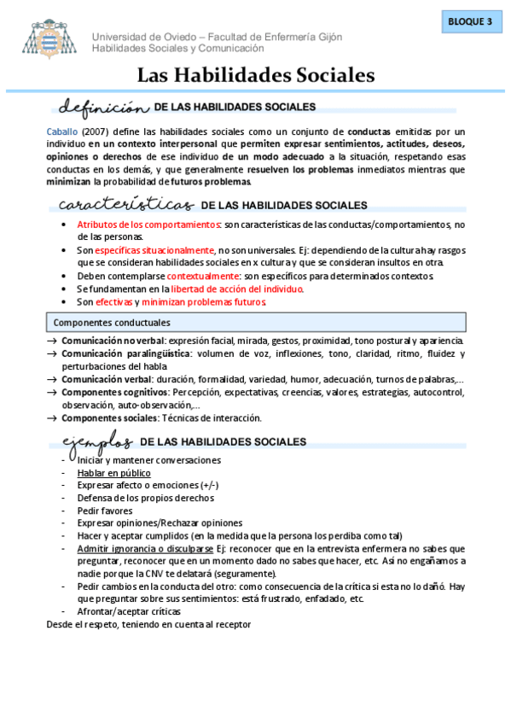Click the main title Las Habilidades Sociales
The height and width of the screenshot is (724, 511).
tap(256, 76)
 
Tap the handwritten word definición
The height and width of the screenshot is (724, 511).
tap(99, 108)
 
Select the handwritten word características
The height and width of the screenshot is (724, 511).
tap(125, 205)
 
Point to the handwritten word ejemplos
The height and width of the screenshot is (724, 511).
tap(96, 441)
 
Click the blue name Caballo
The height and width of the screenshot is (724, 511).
tap(62, 131)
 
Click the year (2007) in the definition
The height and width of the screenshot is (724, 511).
tap(95, 131)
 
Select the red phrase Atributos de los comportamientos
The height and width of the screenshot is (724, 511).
tap(148, 224)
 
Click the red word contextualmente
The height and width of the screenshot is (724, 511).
tap(204, 276)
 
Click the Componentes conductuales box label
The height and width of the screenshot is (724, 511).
tap(112, 323)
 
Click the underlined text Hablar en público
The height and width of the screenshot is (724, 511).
tap(113, 472)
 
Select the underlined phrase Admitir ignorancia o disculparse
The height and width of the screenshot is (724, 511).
tap(145, 548)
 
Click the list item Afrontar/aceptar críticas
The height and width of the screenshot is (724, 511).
tap(129, 611)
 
